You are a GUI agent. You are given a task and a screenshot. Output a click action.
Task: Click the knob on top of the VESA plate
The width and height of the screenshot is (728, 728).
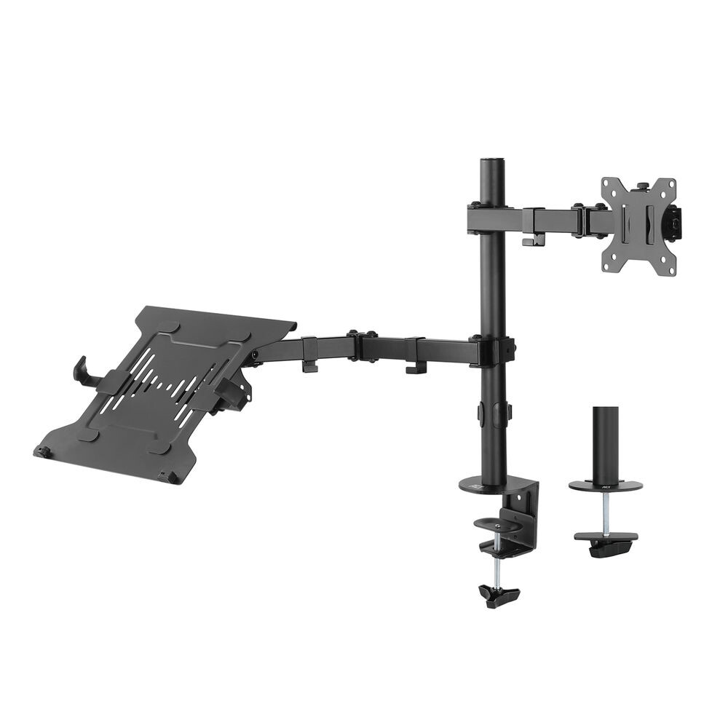(x=643, y=186)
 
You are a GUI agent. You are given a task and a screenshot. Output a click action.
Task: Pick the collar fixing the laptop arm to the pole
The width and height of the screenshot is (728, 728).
(x=495, y=352)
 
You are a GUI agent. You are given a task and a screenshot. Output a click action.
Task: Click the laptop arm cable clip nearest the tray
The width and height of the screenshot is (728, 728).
(x=309, y=354)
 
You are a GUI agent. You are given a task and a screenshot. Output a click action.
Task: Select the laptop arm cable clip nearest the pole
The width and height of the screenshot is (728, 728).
(x=416, y=357)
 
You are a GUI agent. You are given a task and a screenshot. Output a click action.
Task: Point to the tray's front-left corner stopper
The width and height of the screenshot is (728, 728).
(x=42, y=452)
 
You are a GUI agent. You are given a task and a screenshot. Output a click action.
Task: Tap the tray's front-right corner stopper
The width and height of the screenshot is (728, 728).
(x=171, y=477)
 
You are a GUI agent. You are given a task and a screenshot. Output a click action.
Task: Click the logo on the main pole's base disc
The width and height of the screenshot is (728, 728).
(x=477, y=483)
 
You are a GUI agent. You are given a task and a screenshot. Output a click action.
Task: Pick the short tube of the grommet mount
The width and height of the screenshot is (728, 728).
(x=606, y=444)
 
